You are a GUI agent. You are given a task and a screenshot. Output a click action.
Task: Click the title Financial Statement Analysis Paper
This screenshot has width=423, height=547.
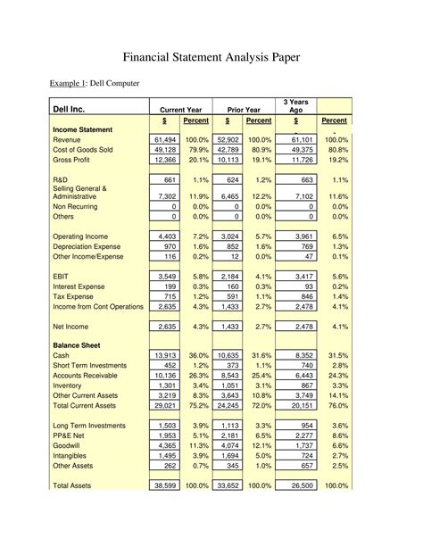tap(211, 57)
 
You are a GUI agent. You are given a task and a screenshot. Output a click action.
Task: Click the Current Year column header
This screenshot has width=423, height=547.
tap(184, 109)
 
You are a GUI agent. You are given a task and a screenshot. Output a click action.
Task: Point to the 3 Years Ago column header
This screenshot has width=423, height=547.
tap(294, 104)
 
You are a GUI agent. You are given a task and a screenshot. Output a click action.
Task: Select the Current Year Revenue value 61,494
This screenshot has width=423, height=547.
tap(165, 140)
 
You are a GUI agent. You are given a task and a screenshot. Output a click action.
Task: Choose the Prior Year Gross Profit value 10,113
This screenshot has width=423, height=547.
tap(228, 160)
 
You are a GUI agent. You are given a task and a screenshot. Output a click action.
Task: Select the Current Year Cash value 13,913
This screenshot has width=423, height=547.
tap(165, 354)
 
